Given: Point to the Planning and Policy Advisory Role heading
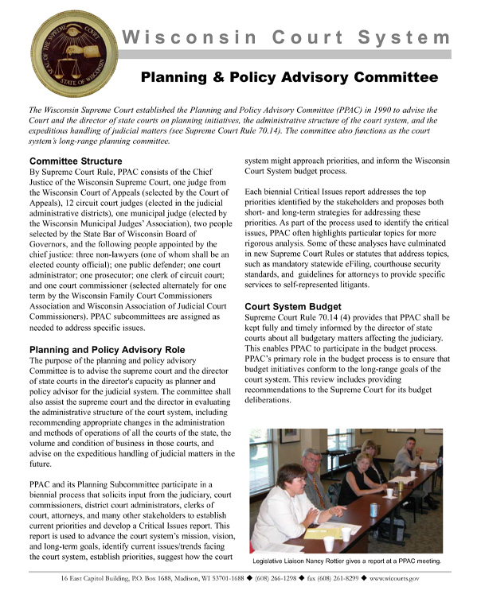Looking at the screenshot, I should pyautogui.click(x=107, y=349).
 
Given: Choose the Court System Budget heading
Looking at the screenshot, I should pyautogui.click(x=292, y=306).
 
